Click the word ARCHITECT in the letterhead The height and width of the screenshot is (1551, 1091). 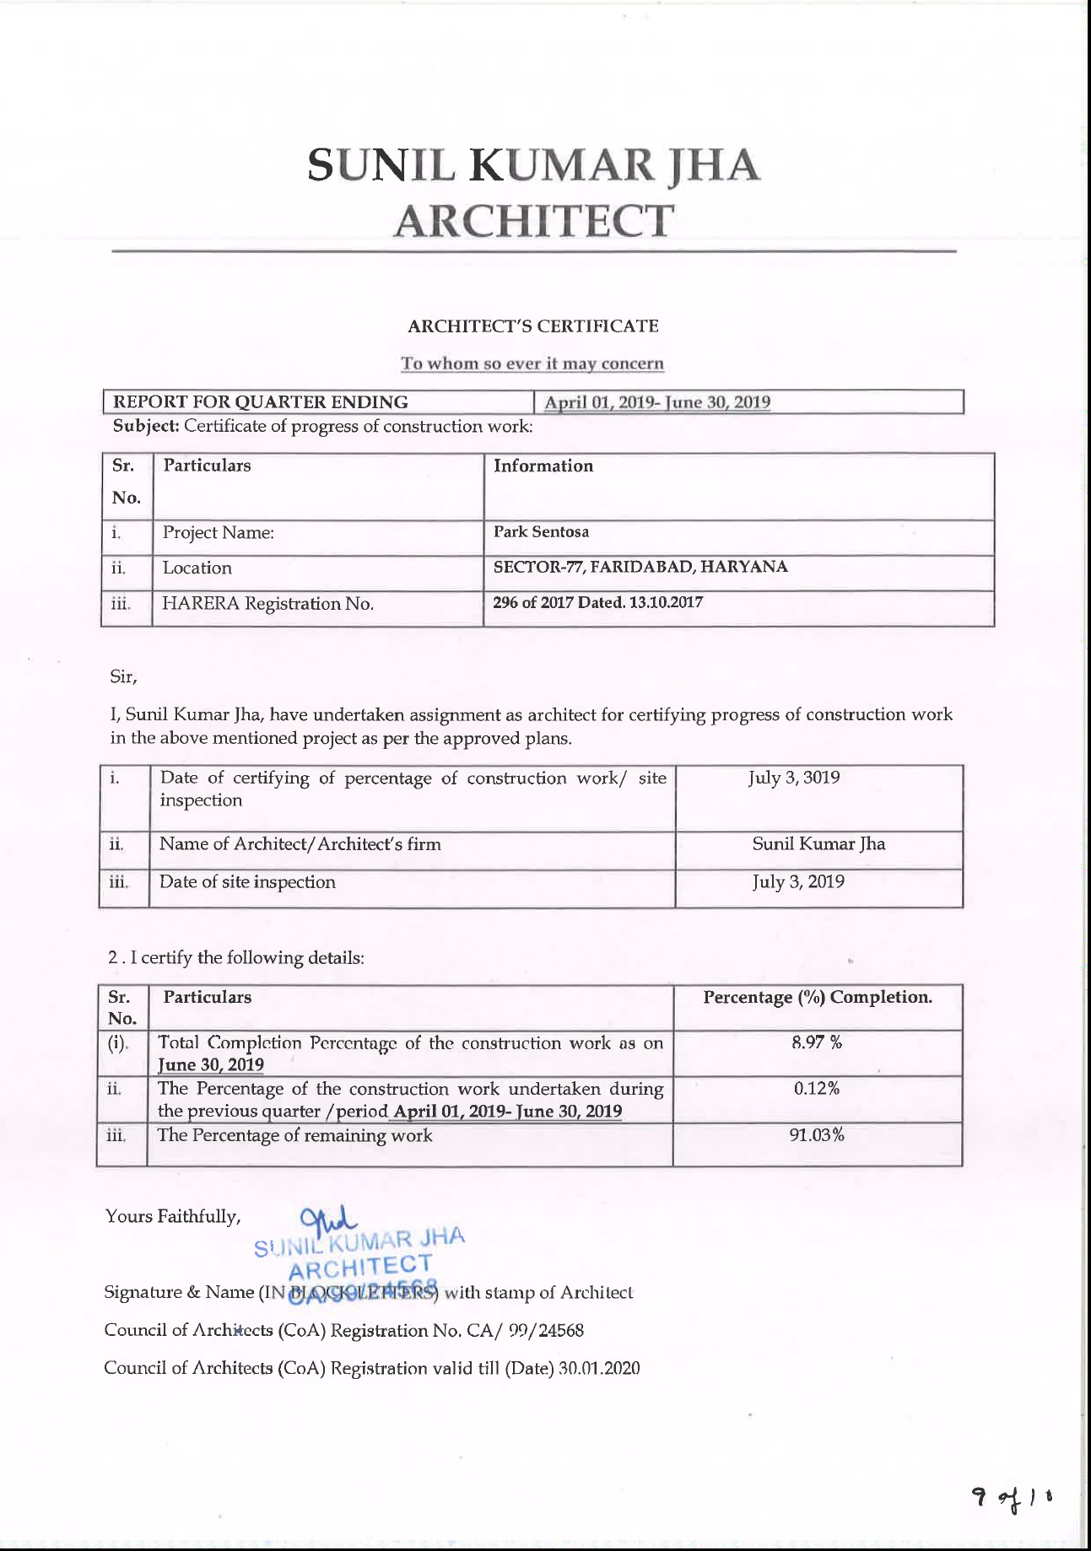[x=533, y=221]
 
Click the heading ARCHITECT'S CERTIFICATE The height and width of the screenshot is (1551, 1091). [x=533, y=326]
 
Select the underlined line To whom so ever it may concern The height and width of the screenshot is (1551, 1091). [x=532, y=364]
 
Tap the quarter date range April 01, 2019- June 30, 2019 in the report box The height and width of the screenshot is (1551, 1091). [x=656, y=402]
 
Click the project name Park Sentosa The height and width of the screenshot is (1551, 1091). [x=541, y=532]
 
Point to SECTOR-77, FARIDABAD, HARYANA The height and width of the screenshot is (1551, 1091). [x=640, y=567]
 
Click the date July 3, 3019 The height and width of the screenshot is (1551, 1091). [x=794, y=778]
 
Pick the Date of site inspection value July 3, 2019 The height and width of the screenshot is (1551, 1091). [x=798, y=882]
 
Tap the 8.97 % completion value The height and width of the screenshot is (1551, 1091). [x=817, y=1042]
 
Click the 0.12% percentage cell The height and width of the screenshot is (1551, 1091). [x=816, y=1089]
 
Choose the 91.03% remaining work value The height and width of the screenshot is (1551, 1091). [x=816, y=1135]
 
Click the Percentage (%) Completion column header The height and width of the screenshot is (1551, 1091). [x=818, y=997]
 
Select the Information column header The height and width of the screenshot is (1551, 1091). [x=543, y=466]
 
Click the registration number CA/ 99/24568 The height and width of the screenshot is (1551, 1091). [x=525, y=1330]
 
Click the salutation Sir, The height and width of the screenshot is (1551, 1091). [x=123, y=676]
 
